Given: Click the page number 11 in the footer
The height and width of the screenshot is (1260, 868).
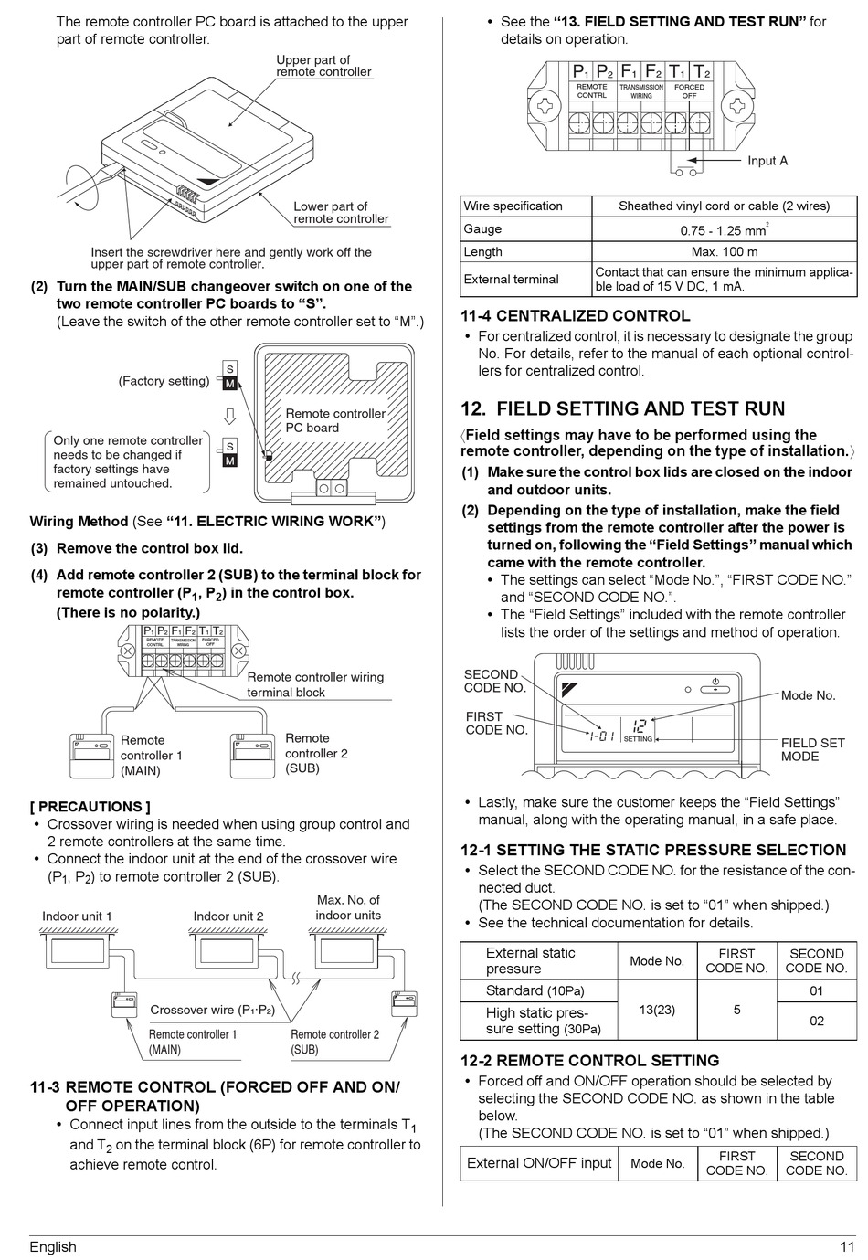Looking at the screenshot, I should coord(847,1247).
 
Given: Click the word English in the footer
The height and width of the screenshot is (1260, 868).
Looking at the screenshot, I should coord(53,1247).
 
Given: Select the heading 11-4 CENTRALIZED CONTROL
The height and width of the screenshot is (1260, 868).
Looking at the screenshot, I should coord(575,316).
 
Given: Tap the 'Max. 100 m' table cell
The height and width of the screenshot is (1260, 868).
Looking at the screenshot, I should coord(724,252).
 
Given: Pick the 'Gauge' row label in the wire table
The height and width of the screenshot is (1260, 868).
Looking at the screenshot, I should coord(482,229).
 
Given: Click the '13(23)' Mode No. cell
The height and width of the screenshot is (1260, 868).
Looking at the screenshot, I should coord(657,1010).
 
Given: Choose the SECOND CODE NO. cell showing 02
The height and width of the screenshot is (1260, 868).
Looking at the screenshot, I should coord(816,1022).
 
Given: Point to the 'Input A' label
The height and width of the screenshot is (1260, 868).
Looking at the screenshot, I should coord(767,161).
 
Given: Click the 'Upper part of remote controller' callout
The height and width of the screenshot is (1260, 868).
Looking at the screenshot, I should coord(323,66).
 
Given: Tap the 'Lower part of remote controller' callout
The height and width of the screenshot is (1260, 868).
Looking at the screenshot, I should coord(340,213).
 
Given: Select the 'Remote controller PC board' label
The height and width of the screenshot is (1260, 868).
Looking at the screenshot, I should coord(335,420).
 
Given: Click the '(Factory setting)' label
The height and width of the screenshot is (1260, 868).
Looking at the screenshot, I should coord(164,381).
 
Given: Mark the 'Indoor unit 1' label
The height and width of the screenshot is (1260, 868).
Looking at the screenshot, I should coord(77,916).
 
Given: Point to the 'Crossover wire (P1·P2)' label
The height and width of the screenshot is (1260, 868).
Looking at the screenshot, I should coord(212,1010).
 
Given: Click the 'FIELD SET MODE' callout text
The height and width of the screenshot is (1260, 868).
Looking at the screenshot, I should coord(812,749).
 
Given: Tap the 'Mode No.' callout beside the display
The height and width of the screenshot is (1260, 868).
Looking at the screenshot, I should coord(808,695).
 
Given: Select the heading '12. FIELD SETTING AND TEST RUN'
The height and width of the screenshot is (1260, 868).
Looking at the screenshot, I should coord(622,408).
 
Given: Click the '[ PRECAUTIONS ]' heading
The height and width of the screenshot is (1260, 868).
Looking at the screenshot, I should coord(90,807).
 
